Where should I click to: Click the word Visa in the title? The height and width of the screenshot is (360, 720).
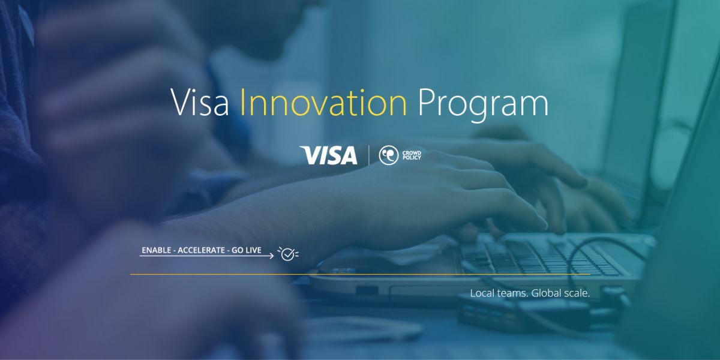[200, 102]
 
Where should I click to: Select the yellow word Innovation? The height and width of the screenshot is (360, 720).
[323, 102]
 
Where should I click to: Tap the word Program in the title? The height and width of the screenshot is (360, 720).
[483, 105]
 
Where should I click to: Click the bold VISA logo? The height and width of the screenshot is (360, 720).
[329, 155]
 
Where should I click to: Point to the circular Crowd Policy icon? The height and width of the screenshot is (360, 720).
[389, 155]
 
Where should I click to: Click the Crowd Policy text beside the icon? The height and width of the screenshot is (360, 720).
[412, 155]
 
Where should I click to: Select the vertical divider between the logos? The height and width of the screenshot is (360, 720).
[368, 155]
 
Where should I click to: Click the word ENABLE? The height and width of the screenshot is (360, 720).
[156, 250]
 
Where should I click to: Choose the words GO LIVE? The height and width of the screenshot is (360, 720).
[247, 250]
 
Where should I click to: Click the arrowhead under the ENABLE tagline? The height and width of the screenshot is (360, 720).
[272, 256]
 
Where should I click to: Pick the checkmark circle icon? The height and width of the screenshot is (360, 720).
[288, 254]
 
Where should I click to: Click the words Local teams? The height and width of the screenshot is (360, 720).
[499, 293]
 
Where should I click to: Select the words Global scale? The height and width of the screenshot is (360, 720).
[561, 293]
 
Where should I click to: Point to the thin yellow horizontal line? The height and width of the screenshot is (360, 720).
[361, 275]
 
